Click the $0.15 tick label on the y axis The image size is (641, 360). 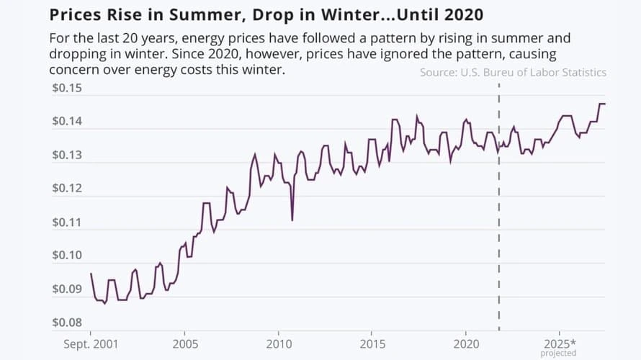[67, 89]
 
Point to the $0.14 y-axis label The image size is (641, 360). [67, 122]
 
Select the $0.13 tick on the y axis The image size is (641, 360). [67, 156]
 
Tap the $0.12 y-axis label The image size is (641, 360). [67, 189]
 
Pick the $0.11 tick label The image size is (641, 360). [67, 222]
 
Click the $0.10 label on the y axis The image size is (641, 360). [67, 256]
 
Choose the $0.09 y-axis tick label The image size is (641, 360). [67, 289]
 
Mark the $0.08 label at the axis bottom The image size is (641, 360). [67, 323]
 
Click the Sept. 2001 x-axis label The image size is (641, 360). [91, 343]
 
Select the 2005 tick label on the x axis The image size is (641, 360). [185, 343]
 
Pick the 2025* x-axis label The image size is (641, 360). [560, 343]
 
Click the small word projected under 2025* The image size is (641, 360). [559, 354]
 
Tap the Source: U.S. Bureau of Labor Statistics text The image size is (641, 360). [513, 72]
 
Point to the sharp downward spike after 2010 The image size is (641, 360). [292, 219]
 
